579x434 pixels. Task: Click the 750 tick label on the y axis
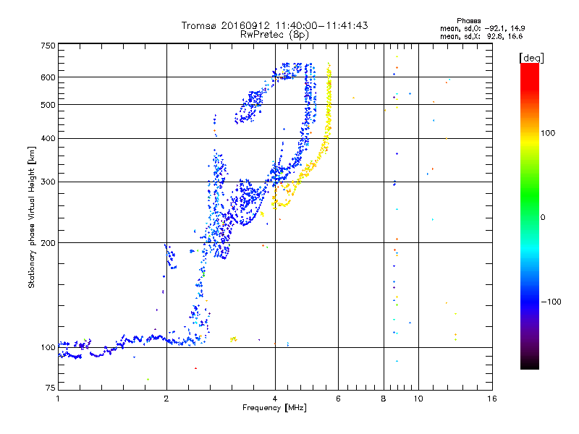pos(48,45)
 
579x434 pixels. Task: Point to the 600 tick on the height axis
pos(48,77)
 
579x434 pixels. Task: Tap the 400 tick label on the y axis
pos(48,138)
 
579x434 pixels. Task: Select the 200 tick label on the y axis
pos(48,242)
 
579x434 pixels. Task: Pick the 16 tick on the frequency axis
pos(492,399)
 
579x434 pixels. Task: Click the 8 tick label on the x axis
pos(384,399)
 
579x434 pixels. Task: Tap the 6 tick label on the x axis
pos(338,399)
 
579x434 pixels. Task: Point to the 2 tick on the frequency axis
pos(166,399)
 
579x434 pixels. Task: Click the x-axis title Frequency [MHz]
pos(274,408)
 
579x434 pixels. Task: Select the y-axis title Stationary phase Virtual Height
pos(32,217)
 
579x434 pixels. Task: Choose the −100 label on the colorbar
pos(551,302)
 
